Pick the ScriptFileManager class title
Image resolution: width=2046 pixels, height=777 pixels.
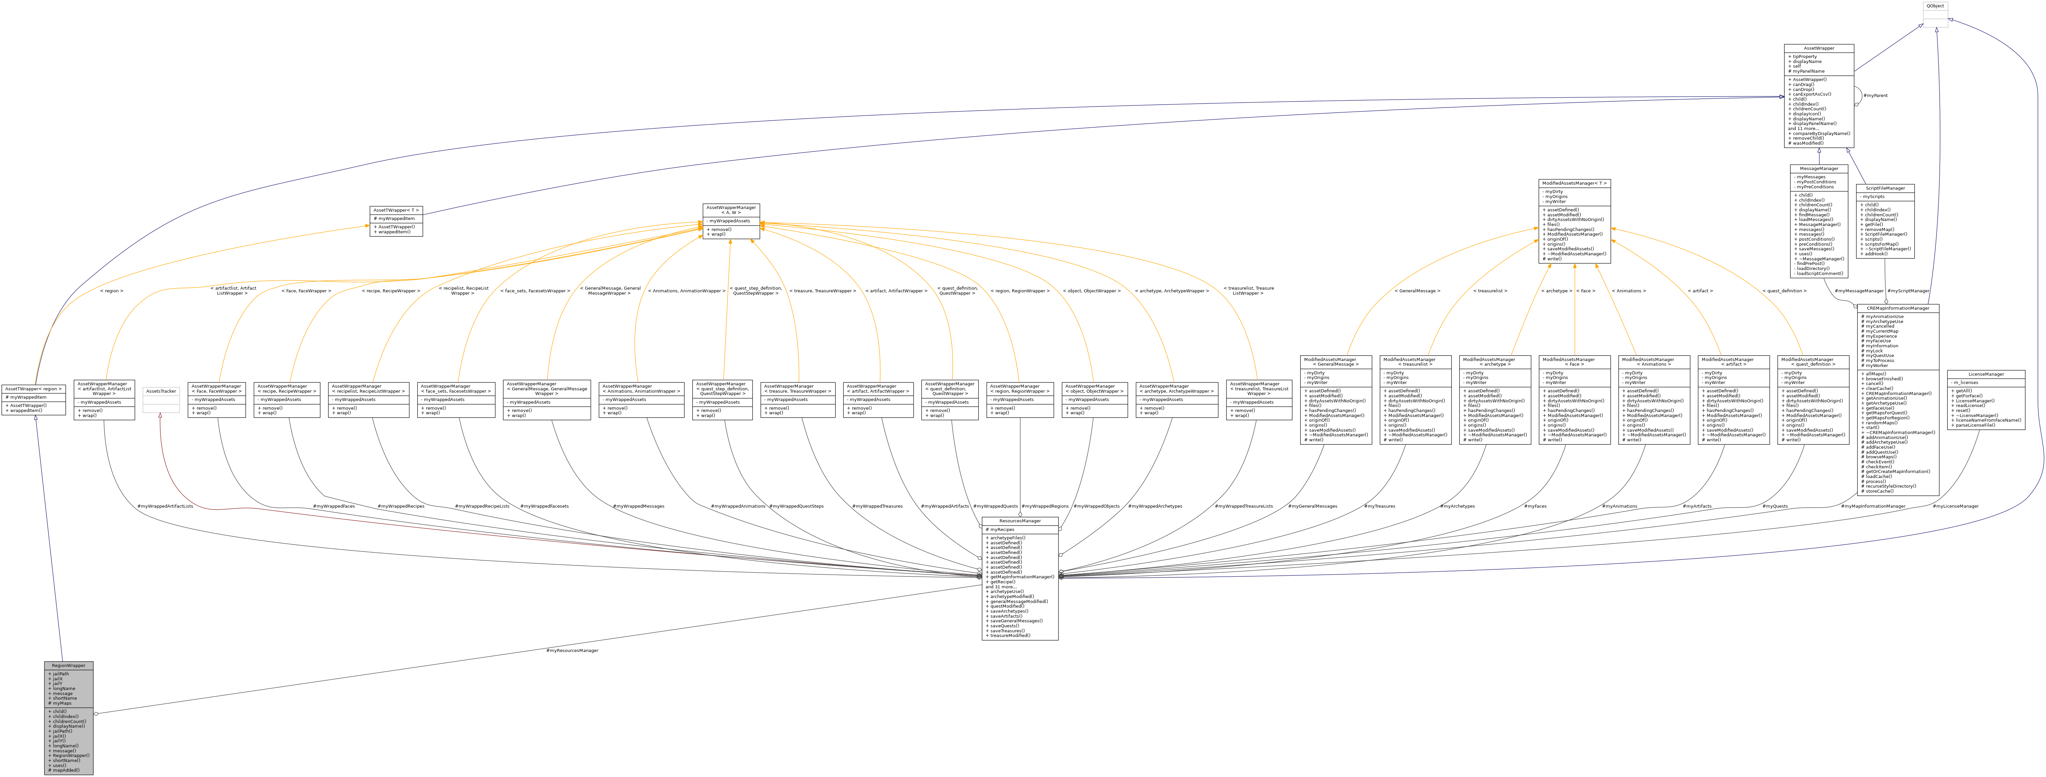pos(1885,188)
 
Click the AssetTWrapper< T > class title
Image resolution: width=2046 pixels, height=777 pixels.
pos(396,211)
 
